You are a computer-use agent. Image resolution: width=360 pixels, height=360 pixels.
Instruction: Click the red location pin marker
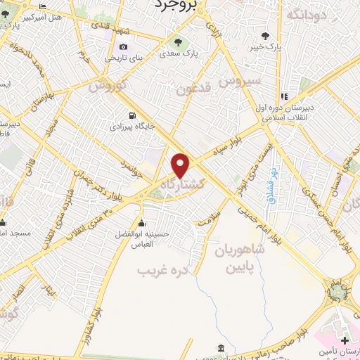[181, 165]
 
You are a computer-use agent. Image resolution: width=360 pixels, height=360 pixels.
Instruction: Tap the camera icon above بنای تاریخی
[124, 47]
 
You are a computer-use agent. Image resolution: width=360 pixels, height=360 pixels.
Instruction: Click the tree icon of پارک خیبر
[265, 36]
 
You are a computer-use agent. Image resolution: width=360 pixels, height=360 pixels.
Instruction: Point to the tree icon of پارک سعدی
[176, 40]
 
